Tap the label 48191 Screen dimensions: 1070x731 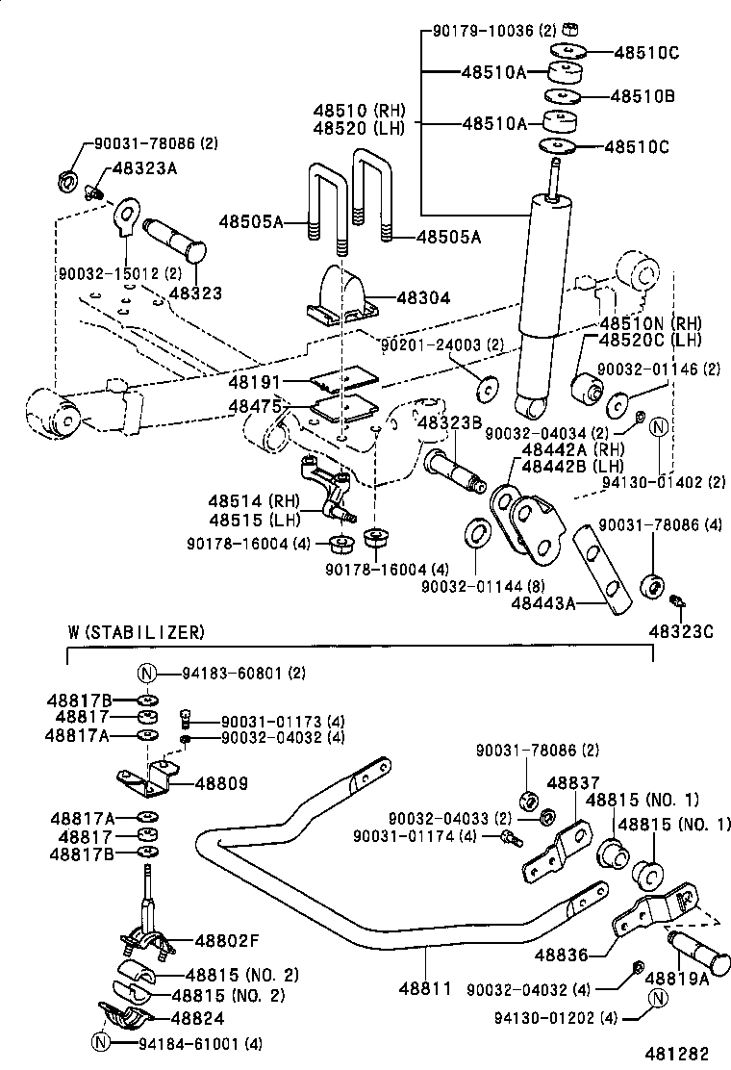click(254, 382)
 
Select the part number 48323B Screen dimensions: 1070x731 click(448, 422)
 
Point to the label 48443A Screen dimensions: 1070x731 click(546, 603)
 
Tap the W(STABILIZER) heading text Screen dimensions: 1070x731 click(136, 632)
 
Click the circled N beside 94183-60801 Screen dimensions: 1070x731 click(147, 674)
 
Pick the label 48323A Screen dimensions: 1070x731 click(145, 167)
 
